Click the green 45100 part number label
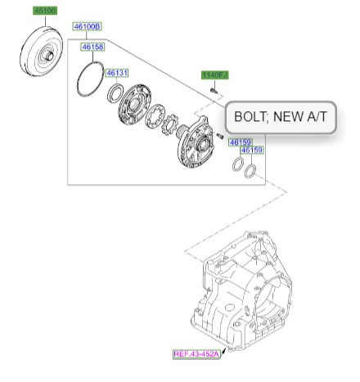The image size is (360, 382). point(43,11)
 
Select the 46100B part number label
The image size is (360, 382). point(87,27)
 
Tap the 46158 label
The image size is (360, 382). point(92,47)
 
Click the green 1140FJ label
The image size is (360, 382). point(215,74)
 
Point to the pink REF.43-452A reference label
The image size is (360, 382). point(197,354)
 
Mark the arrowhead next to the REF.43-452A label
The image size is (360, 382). point(225,348)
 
